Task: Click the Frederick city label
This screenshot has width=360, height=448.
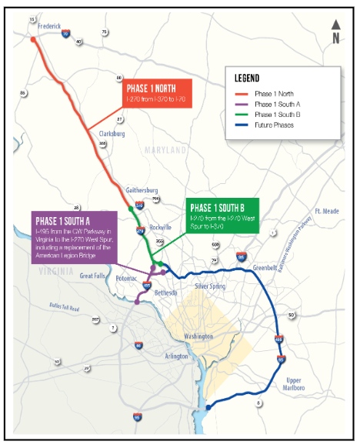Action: pyautogui.click(x=45, y=25)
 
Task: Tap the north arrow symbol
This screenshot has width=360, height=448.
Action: pyautogui.click(x=335, y=33)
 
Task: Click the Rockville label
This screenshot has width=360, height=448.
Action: pyautogui.click(x=160, y=228)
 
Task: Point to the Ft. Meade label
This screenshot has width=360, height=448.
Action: pyautogui.click(x=326, y=210)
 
